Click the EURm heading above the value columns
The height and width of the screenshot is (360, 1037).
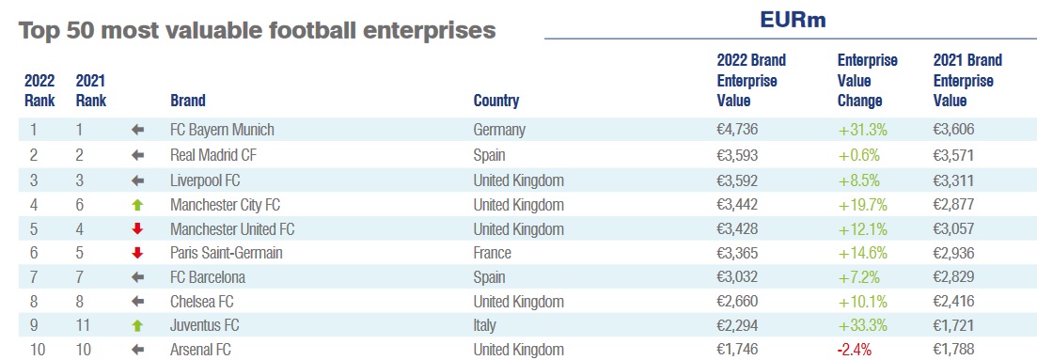click(x=793, y=20)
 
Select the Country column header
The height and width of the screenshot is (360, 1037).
click(x=496, y=101)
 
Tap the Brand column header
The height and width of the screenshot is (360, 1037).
click(x=188, y=101)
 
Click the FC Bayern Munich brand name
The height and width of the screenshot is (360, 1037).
click(x=222, y=130)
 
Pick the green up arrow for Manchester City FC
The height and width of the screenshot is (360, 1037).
click(x=137, y=205)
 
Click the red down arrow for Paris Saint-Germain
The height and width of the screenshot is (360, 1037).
click(x=137, y=253)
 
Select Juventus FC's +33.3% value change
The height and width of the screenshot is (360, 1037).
click(x=862, y=325)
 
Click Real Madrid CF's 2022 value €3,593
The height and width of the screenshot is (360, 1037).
click(x=737, y=155)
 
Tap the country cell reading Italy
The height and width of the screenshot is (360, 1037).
click(x=485, y=325)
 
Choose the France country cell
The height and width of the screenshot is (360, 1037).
click(x=492, y=253)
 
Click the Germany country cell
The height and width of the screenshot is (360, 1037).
click(x=499, y=130)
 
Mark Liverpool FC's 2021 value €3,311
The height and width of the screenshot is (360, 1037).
click(x=953, y=180)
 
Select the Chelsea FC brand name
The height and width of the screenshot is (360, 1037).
click(x=202, y=302)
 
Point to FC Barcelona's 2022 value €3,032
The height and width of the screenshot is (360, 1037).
click(x=737, y=276)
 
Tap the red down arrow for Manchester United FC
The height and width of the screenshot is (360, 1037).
click(x=137, y=229)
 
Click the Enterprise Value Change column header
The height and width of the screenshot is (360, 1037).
click(x=867, y=81)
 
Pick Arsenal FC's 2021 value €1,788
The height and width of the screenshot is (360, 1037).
click(x=953, y=350)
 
